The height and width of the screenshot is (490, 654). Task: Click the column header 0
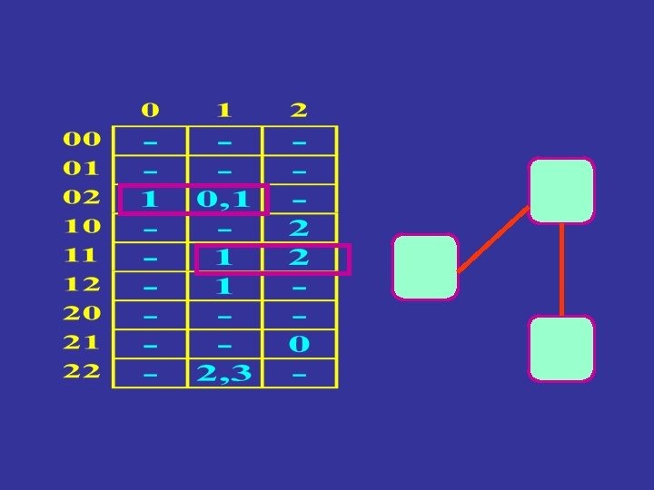click(150, 111)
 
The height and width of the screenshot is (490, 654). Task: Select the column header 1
click(224, 111)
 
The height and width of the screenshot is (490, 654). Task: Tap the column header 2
click(299, 111)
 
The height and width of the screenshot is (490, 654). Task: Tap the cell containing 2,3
click(224, 373)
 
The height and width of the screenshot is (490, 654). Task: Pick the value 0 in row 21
click(299, 344)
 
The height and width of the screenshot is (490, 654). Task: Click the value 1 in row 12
click(224, 286)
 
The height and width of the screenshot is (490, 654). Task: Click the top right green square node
click(561, 191)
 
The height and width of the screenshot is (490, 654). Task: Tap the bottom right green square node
click(561, 348)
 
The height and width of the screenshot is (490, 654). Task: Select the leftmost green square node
click(425, 267)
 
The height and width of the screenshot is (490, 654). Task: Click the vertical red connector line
click(562, 269)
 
